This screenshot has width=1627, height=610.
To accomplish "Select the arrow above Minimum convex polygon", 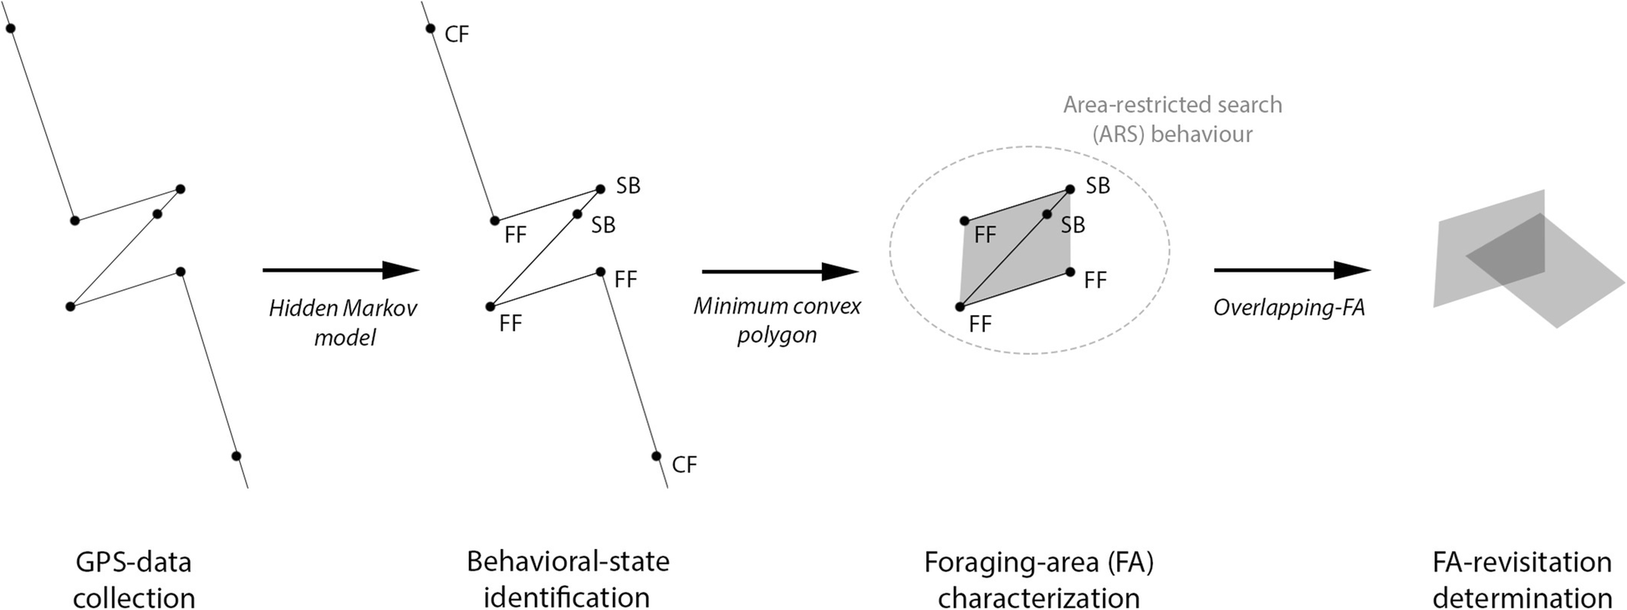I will (x=779, y=272).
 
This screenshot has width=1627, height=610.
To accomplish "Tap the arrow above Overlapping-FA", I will (x=1291, y=270).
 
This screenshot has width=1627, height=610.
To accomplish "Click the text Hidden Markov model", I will (x=343, y=323).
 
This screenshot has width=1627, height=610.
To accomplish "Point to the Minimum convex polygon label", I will (x=777, y=320).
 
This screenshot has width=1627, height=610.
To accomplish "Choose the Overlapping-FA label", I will (x=1288, y=308).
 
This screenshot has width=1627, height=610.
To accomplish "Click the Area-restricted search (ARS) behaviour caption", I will (x=1172, y=119).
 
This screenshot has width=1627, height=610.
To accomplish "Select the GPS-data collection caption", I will (x=134, y=579).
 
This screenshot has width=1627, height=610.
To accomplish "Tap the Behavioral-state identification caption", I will (x=568, y=579).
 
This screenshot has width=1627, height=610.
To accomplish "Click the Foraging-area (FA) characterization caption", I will (x=1038, y=579).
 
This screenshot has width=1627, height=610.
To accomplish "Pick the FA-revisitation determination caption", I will (x=1522, y=579).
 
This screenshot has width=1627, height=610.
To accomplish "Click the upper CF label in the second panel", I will (x=456, y=34).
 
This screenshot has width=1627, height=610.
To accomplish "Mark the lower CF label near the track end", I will (x=684, y=465).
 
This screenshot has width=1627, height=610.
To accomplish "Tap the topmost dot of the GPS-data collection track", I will (x=11, y=28).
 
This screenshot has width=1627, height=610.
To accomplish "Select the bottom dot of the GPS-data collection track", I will (x=237, y=455).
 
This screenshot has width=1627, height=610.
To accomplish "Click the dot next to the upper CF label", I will (x=431, y=28).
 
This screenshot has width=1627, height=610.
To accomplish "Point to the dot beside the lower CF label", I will (x=656, y=455).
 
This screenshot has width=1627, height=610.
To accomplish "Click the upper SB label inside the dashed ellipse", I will (x=1098, y=186).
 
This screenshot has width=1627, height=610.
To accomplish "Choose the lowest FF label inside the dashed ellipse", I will (x=980, y=324).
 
